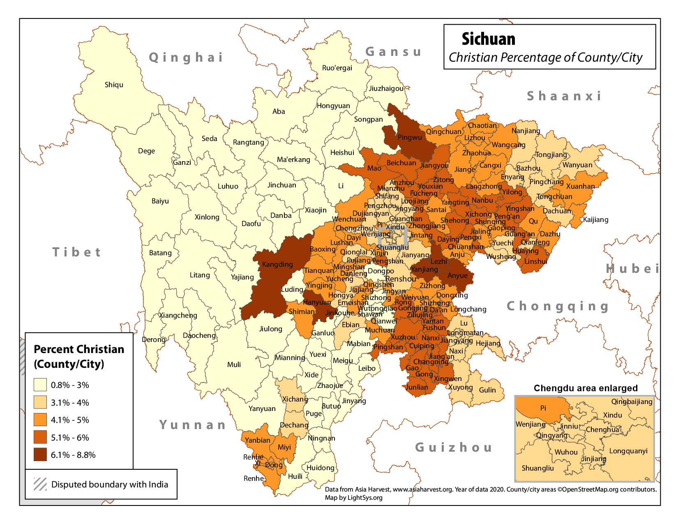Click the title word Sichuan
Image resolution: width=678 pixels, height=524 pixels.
click(488, 39)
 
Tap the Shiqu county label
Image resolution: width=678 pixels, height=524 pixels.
click(114, 85)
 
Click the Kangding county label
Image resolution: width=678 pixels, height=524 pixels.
click(277, 264)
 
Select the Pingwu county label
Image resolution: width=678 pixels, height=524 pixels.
click(410, 137)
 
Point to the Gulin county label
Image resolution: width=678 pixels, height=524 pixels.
click(487, 390)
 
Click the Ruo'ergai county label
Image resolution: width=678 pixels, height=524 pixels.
click(337, 68)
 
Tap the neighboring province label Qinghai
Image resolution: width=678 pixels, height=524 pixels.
click(186, 57)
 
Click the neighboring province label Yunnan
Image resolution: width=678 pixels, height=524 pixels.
click(193, 425)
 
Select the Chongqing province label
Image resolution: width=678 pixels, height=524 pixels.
click(558, 306)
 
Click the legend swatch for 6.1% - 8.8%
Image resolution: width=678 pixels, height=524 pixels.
click(40, 455)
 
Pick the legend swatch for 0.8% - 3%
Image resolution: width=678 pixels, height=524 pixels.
click(40, 385)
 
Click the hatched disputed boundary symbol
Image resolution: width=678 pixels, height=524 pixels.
click(40, 484)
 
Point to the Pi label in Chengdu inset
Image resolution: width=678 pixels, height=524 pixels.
click(543, 408)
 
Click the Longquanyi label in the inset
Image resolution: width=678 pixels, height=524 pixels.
click(628, 451)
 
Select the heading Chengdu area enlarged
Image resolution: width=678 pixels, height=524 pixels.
click(586, 388)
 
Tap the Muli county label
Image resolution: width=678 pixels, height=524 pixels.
click(234, 365)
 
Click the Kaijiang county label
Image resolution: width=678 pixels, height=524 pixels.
click(595, 219)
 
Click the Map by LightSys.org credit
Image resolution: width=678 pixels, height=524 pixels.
click(353, 498)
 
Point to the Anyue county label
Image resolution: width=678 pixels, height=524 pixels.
click(457, 275)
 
